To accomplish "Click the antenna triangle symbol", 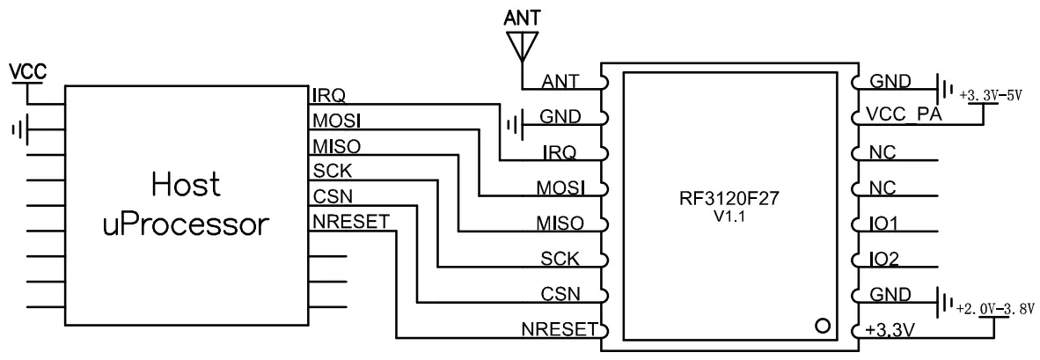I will [x=523, y=43].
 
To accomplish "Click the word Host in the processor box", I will [x=185, y=186].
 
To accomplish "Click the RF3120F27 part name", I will [x=729, y=198].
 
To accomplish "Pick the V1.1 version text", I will [x=729, y=217].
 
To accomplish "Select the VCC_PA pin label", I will [x=903, y=116].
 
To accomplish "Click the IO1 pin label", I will [x=883, y=224].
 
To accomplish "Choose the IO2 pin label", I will [x=883, y=261].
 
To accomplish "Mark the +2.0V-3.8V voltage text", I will [x=997, y=309].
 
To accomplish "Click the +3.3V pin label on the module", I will [x=890, y=332].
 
